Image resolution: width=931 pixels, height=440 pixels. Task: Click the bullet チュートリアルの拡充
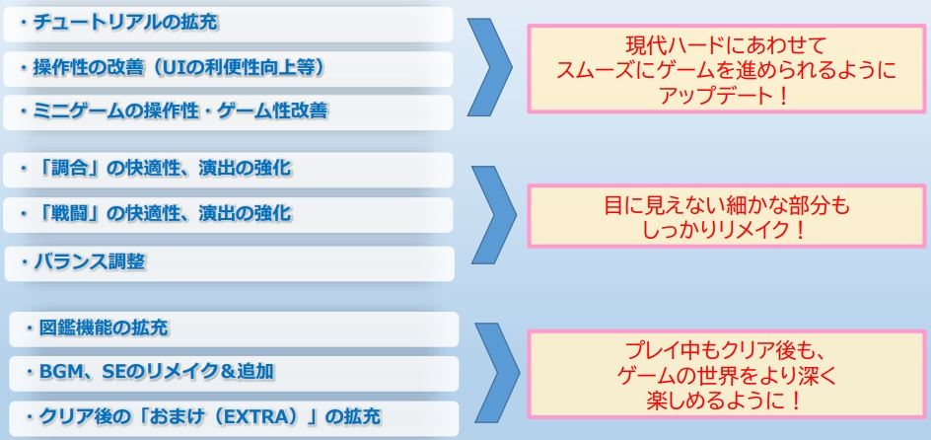coord(118,23)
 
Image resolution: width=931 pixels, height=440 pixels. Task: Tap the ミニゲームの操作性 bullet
coord(173,111)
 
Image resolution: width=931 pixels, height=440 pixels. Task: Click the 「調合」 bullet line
coord(155,169)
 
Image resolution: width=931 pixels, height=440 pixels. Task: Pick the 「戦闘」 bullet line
coord(155,212)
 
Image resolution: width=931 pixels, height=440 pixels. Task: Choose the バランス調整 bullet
coord(81,261)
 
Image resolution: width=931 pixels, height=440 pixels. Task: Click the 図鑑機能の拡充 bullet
coord(97,328)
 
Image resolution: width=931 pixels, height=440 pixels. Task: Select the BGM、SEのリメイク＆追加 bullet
coord(150,372)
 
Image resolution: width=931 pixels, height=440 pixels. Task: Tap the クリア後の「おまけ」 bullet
coord(202,417)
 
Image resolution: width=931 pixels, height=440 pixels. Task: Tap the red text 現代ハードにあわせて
coord(726,45)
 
